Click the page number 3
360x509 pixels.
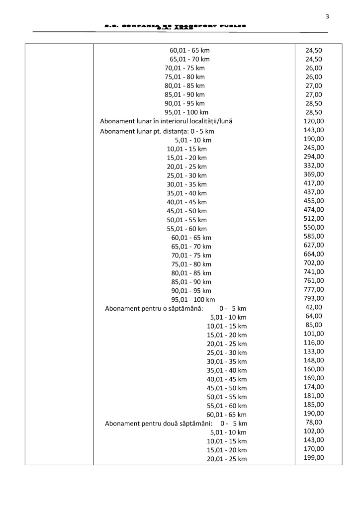[x=327, y=16]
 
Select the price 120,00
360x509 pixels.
[x=314, y=121]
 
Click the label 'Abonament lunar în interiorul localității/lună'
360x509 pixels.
[x=166, y=121]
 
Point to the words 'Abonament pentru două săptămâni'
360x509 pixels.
[x=159, y=424]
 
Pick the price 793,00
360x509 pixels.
[x=314, y=298]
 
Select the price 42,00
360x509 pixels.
[x=314, y=307]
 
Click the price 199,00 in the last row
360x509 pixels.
[x=314, y=457]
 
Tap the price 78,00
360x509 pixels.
[x=314, y=422]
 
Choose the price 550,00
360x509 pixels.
[x=314, y=227]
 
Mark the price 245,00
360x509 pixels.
[x=314, y=148]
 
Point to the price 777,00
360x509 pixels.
[x=314, y=289]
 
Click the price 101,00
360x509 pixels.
[x=314, y=334]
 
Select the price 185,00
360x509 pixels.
[x=314, y=405]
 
